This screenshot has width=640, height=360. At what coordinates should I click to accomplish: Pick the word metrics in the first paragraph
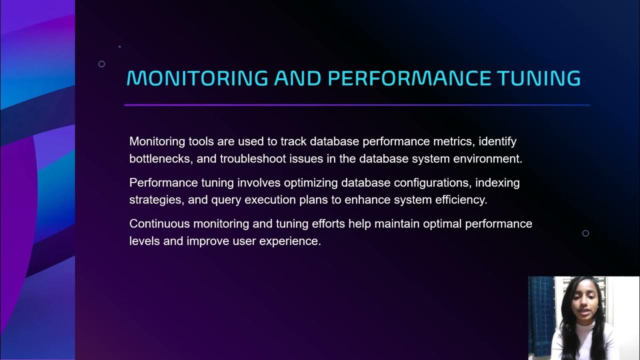451,141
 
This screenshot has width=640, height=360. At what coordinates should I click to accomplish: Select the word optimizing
309,182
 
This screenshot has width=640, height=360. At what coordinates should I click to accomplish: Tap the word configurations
431,182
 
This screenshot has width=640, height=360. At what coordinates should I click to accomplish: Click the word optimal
442,223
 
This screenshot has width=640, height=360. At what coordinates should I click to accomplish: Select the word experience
290,241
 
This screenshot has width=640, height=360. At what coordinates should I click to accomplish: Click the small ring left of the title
101,64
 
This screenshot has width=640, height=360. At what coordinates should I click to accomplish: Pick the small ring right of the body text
585,233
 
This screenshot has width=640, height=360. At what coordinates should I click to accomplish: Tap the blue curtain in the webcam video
541,315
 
